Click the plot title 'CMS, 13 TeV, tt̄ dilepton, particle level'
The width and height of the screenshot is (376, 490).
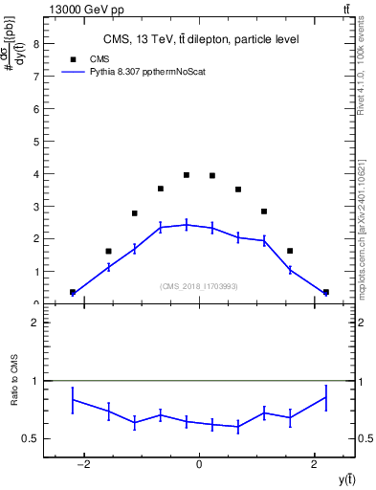pos(201,39)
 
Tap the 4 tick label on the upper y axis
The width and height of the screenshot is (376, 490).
pos(35,173)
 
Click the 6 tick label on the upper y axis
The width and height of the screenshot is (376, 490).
pos(35,108)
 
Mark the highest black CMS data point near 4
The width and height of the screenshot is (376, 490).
pos(187,175)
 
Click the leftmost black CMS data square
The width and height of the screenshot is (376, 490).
pos(73,292)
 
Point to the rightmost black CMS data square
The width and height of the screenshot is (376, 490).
pos(325,292)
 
